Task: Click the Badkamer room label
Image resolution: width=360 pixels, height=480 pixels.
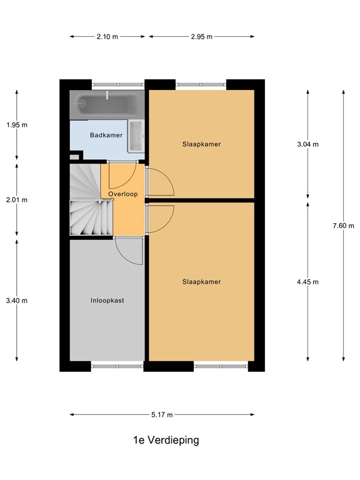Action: [x=106, y=135]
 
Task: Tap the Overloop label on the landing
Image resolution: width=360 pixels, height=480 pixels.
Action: [x=122, y=194]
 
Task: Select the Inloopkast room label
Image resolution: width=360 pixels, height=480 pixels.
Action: [x=107, y=300]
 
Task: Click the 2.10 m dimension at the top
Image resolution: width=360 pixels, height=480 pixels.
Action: [x=107, y=37]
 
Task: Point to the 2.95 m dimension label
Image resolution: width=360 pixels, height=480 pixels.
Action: [x=201, y=37]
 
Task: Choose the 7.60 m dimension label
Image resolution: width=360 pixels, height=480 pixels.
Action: [x=344, y=226]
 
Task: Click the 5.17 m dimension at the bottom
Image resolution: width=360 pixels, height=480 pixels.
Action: [x=162, y=414]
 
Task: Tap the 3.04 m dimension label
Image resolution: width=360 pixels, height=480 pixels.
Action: [x=307, y=144]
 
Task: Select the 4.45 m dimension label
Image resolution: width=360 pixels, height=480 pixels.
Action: [x=307, y=282]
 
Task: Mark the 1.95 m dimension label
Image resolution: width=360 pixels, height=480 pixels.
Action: [x=17, y=124]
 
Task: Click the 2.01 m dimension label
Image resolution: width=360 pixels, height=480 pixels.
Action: [x=17, y=200]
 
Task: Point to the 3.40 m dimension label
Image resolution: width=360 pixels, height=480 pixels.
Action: [x=17, y=300]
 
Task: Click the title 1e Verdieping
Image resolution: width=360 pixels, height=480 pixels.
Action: [x=166, y=440]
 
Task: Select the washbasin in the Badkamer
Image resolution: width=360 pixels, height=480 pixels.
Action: [x=136, y=134]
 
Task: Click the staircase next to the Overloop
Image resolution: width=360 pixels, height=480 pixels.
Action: [x=84, y=200]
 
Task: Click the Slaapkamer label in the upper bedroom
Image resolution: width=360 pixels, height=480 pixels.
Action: [x=201, y=144]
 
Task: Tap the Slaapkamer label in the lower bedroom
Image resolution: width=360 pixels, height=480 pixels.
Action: [x=201, y=282]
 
